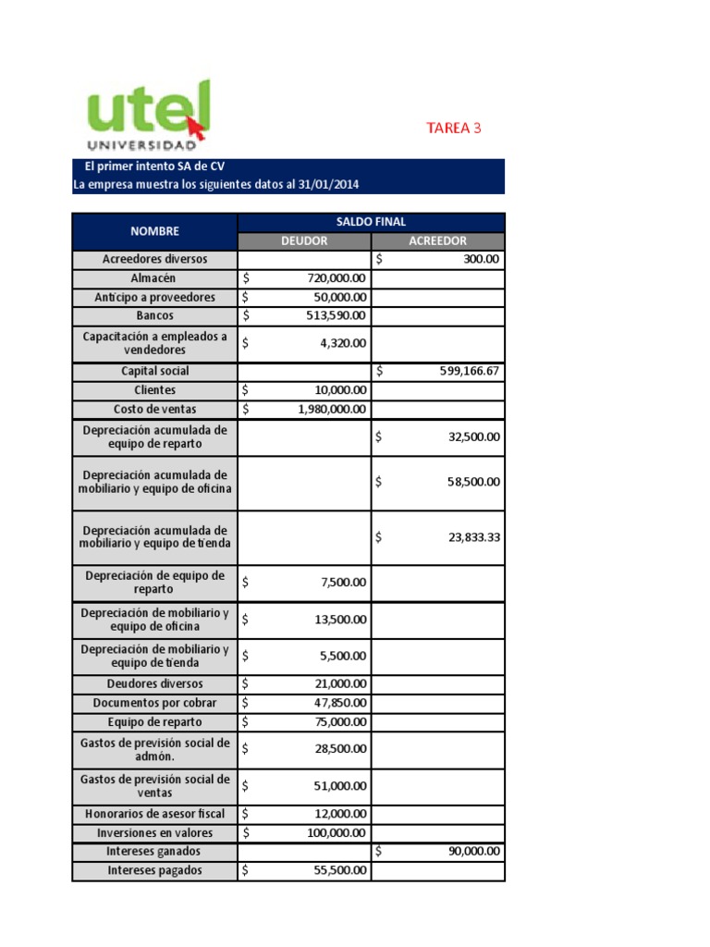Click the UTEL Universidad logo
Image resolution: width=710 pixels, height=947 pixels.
[x=148, y=117]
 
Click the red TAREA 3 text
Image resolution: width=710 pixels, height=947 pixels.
[x=454, y=129]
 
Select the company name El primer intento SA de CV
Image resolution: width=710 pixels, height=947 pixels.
[x=154, y=166]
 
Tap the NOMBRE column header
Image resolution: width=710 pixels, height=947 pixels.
[x=154, y=231]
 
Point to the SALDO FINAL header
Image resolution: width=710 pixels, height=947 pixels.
[x=371, y=222]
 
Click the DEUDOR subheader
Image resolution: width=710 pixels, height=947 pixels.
[x=304, y=240]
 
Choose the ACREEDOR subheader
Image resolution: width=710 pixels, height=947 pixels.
[x=437, y=240]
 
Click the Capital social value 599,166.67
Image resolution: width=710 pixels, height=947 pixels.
[x=470, y=371]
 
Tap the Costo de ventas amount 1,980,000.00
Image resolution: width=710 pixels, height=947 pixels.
[x=332, y=409]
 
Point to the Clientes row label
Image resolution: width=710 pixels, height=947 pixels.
[x=154, y=390]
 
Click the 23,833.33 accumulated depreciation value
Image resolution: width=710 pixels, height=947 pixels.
[x=474, y=537]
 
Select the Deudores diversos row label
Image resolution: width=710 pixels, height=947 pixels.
[x=154, y=683]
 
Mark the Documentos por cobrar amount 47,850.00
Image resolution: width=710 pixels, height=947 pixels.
[x=340, y=703]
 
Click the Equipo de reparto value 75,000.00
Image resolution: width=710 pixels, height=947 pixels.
[x=340, y=722]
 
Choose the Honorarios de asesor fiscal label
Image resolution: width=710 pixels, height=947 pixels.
[x=154, y=814]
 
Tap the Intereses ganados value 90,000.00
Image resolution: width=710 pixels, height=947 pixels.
[x=474, y=852]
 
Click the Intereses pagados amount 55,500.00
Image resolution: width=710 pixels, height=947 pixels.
[x=340, y=870]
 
